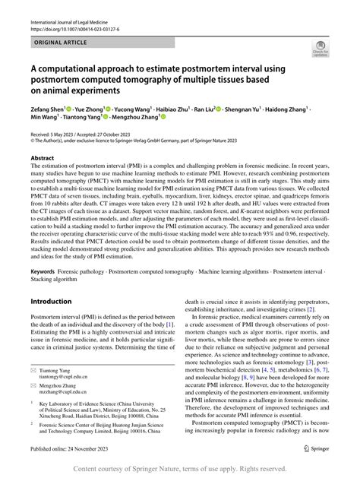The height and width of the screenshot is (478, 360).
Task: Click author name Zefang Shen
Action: pos(48,109)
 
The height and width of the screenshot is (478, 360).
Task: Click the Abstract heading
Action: pos(42,159)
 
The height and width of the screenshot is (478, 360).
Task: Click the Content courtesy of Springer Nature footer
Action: pos(179,469)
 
